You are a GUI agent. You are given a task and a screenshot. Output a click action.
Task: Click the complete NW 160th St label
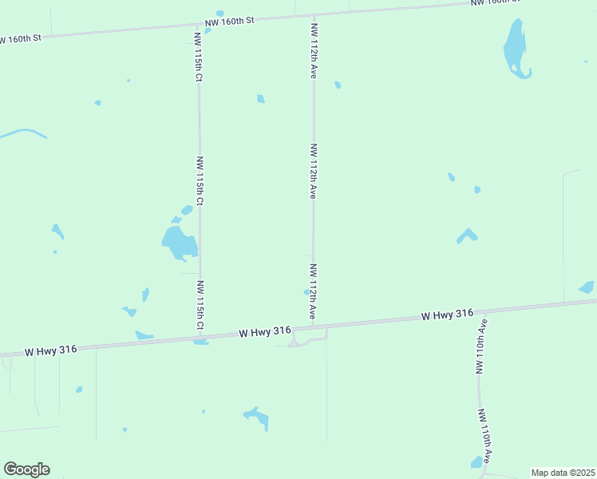(x=227, y=21)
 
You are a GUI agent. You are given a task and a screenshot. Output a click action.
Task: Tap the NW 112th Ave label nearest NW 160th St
(x=314, y=49)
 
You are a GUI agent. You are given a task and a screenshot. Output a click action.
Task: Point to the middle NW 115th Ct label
(x=200, y=180)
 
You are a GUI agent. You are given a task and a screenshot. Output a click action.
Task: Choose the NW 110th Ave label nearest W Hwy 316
(x=481, y=346)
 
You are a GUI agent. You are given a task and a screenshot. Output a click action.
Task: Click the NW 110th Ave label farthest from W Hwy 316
(x=484, y=437)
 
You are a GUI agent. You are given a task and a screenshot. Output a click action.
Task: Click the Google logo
(x=26, y=469)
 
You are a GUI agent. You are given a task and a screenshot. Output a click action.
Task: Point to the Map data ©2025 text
(x=563, y=473)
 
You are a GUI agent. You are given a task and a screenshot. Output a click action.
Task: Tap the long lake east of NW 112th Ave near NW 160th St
(x=515, y=48)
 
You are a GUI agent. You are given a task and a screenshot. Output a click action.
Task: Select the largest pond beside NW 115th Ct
(x=178, y=242)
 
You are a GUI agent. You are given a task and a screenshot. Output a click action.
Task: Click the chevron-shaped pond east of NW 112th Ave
(x=467, y=236)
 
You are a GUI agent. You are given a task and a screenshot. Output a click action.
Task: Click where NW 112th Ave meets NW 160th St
(x=314, y=16)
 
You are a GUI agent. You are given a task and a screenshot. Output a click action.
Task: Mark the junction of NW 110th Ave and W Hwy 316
(x=479, y=311)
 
